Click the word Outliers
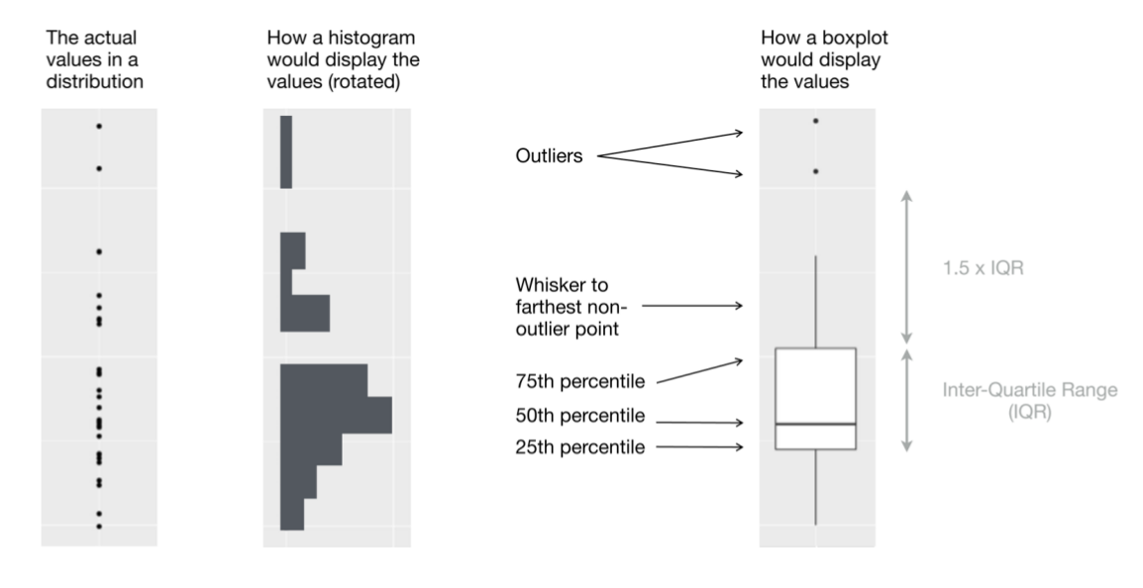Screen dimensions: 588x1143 point(546,156)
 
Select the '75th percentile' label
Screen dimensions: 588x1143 point(580,380)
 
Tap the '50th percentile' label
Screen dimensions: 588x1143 point(580,414)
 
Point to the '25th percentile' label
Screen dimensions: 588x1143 point(580,447)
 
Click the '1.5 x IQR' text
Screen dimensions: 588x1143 point(982,266)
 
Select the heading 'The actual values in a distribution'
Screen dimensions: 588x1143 point(94,59)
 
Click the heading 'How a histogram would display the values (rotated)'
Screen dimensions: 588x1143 point(343,59)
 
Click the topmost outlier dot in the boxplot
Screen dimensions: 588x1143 point(815,121)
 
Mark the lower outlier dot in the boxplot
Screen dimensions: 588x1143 point(815,171)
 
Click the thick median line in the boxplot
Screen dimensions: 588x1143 point(815,424)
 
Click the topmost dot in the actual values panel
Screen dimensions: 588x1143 point(99,126)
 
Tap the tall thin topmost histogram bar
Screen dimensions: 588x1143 point(286,151)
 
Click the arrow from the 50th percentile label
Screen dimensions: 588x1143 point(698,421)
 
